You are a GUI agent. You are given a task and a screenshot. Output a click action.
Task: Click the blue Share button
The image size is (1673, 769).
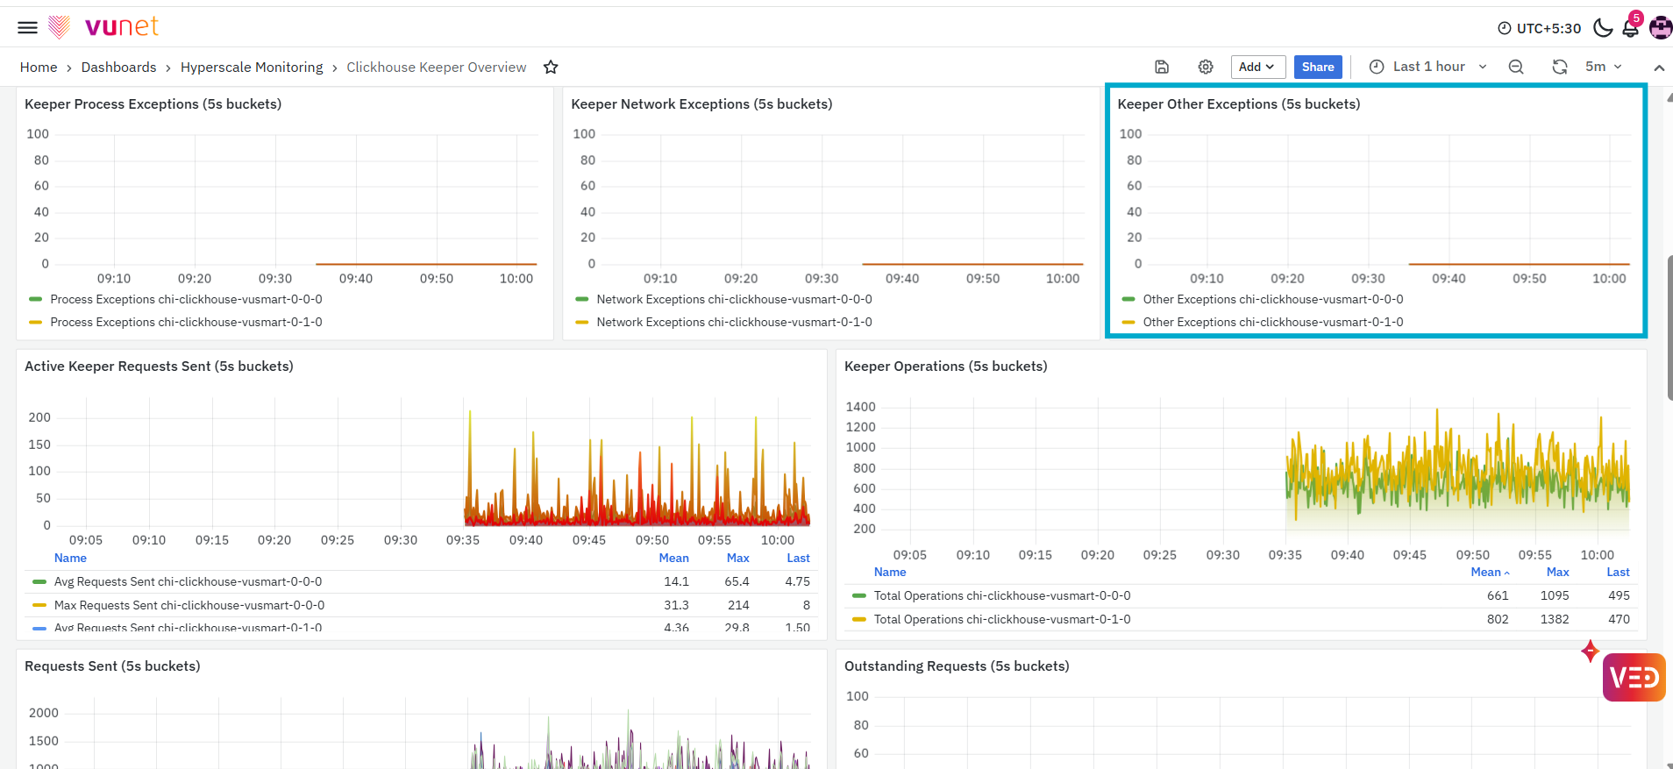[x=1318, y=67]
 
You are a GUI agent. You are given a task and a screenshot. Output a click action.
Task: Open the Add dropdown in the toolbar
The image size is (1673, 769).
[x=1257, y=67]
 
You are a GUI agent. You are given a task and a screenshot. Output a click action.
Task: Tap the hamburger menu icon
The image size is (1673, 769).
[x=28, y=27]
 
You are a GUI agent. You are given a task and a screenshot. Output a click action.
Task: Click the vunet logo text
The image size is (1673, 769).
[x=121, y=26]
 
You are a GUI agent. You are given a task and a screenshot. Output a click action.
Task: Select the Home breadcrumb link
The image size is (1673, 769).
[x=39, y=68]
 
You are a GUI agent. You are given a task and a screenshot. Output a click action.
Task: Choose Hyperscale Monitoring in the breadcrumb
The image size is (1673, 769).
[x=252, y=68]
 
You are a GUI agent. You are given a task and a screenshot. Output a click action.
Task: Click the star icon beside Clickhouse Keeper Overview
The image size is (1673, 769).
[x=551, y=68]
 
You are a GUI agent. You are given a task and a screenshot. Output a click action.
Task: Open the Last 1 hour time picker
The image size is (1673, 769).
[x=1428, y=67]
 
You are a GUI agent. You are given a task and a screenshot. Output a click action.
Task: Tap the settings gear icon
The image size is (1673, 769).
[x=1206, y=67]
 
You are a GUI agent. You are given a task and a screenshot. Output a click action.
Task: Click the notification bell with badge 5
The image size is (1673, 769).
[x=1631, y=27]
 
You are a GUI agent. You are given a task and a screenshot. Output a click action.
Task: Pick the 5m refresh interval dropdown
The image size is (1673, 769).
[x=1604, y=67]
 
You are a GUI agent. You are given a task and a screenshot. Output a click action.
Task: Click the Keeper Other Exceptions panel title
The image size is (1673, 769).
[x=1239, y=104]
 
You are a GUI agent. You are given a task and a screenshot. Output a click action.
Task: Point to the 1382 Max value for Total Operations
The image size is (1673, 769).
[x=1555, y=619]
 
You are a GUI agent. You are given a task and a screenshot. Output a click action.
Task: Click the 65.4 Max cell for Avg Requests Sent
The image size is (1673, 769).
[x=737, y=581]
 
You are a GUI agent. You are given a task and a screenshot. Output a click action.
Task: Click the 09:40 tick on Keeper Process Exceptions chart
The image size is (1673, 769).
[x=356, y=279]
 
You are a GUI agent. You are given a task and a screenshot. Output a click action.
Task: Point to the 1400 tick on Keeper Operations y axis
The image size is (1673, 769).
[x=860, y=407]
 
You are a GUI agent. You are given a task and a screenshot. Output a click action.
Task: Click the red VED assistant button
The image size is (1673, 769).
[x=1634, y=677]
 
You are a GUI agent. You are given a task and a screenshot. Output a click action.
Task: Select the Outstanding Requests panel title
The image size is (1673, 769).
[x=957, y=666]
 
